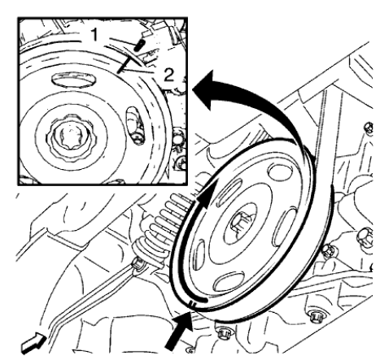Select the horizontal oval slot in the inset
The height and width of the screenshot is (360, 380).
click(x=76, y=80)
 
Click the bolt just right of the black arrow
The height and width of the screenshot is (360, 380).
click(x=221, y=329)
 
